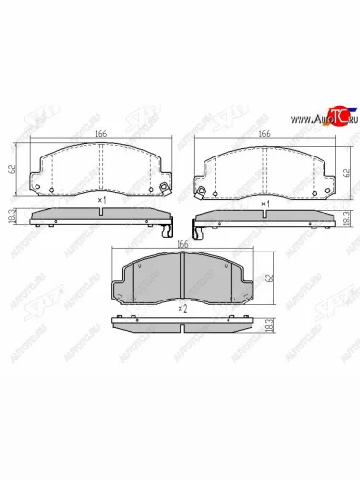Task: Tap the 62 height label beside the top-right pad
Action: click(x=346, y=172)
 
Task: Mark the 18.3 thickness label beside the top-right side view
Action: click(x=346, y=220)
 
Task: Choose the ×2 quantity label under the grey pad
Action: click(x=181, y=308)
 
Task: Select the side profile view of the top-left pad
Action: click(x=101, y=218)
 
